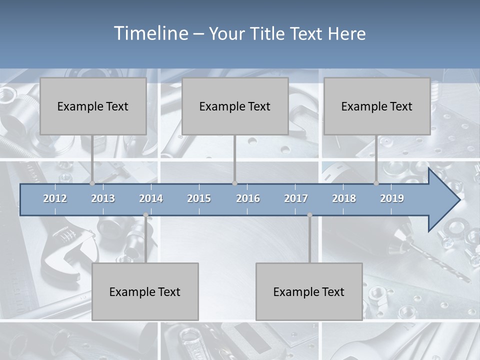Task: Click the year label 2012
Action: coord(55,198)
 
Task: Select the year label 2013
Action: coord(103,198)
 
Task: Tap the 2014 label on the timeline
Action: coord(151,198)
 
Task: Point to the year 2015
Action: coord(199,198)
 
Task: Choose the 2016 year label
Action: coord(248,198)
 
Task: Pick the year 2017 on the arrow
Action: coord(296,198)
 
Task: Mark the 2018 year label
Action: coord(344,198)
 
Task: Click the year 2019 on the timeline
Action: coord(392,198)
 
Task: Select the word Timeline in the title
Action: coord(149,33)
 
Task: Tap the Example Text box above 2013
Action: coord(93,106)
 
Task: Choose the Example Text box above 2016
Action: coord(235,106)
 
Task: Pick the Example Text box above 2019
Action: coord(377,106)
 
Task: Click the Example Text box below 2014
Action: coord(145,291)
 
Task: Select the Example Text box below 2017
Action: coord(309,291)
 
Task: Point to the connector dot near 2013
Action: coord(92,183)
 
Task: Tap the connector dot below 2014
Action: coord(145,215)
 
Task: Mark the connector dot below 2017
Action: coord(309,215)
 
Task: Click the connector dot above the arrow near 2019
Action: coord(376,183)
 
